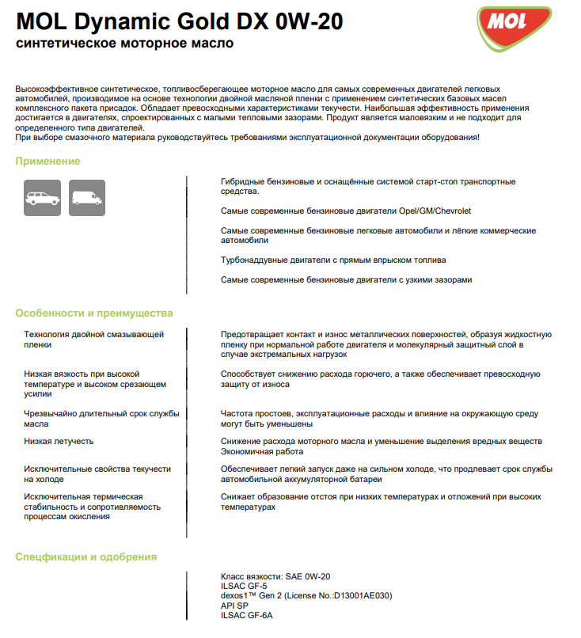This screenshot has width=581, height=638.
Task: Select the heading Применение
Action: [x=47, y=161]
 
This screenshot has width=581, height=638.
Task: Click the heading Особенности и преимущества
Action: [x=94, y=313]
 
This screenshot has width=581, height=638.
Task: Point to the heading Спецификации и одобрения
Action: [x=86, y=556]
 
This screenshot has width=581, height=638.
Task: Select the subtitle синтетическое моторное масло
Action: [x=124, y=43]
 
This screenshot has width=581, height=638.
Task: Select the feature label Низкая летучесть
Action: [x=59, y=441]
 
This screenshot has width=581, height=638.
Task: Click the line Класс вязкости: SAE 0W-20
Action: [x=275, y=576]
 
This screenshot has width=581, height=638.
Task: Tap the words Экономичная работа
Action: [x=262, y=451]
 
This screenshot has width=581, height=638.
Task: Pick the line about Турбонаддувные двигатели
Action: [x=333, y=260]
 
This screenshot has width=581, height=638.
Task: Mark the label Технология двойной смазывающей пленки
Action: [x=94, y=340]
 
